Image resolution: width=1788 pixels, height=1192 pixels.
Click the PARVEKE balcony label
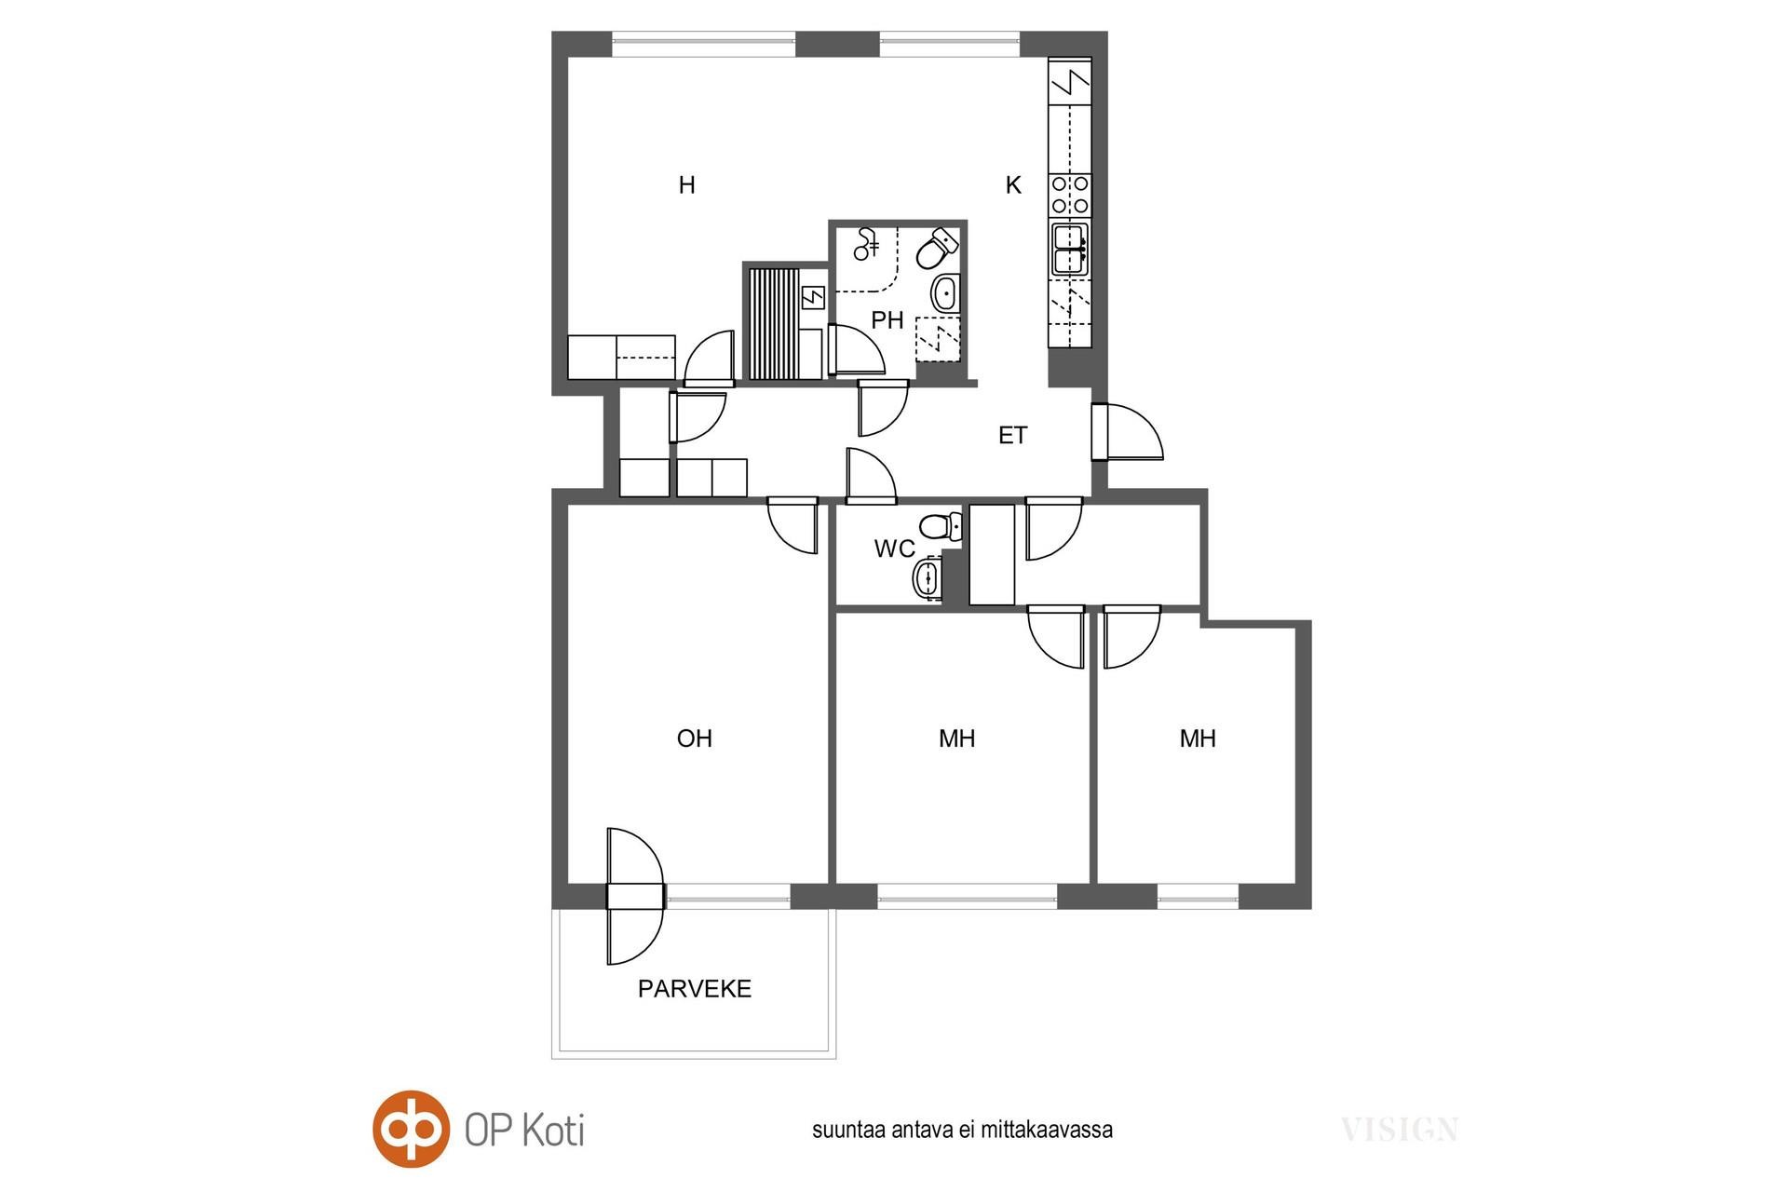[695, 988]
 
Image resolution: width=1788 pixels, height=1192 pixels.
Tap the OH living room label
[695, 738]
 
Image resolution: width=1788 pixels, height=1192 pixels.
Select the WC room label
[894, 549]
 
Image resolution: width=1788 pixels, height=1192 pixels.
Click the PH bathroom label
[887, 320]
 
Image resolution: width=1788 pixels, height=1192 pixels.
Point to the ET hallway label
[1012, 435]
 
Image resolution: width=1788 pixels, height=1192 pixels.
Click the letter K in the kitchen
[1013, 185]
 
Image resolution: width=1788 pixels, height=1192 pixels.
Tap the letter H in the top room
[687, 185]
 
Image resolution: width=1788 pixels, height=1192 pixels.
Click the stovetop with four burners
[1070, 196]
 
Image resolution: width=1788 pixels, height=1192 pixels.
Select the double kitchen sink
[1070, 250]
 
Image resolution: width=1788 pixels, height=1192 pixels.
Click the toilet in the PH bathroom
[938, 247]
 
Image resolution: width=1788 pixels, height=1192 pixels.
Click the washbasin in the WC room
[927, 578]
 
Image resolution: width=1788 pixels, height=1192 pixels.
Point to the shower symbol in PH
[867, 244]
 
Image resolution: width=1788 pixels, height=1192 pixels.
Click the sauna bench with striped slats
[773, 323]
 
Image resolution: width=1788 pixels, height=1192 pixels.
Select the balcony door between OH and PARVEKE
[635, 896]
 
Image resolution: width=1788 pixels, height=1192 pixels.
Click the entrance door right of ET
[1127, 432]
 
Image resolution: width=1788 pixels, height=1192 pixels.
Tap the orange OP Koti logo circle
[412, 1130]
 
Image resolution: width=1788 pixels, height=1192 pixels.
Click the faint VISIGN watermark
[1400, 1131]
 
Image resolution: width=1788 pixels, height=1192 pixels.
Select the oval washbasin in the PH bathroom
[944, 293]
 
